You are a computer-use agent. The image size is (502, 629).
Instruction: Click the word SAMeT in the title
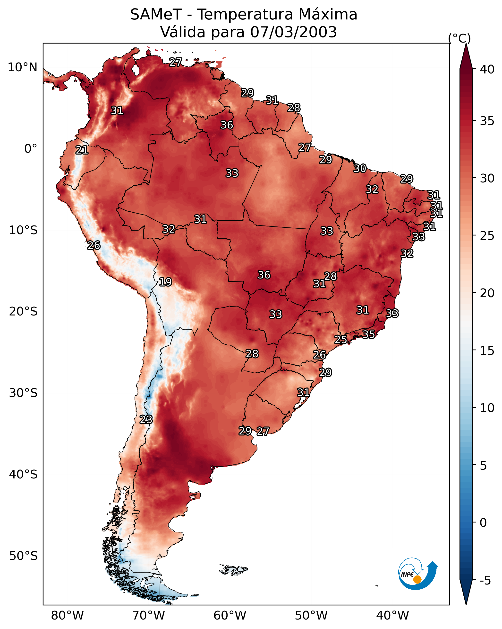[156, 15]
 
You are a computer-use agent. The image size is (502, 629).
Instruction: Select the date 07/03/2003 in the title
[293, 32]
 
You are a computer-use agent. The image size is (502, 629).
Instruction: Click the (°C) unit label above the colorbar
[459, 38]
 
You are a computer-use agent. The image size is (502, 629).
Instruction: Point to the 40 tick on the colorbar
[487, 69]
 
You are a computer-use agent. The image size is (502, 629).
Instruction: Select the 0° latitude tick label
[31, 149]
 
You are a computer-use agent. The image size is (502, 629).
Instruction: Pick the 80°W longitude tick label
[67, 616]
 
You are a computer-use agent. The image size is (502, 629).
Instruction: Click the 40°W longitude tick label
[392, 616]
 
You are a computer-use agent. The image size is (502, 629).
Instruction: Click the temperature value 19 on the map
[165, 282]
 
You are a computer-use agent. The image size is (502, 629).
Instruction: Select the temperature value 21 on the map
[82, 150]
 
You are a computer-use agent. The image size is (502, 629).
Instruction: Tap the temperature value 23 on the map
[146, 420]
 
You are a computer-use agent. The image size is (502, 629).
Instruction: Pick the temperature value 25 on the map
[340, 340]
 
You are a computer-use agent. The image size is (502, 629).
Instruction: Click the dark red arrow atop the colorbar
[466, 56]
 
